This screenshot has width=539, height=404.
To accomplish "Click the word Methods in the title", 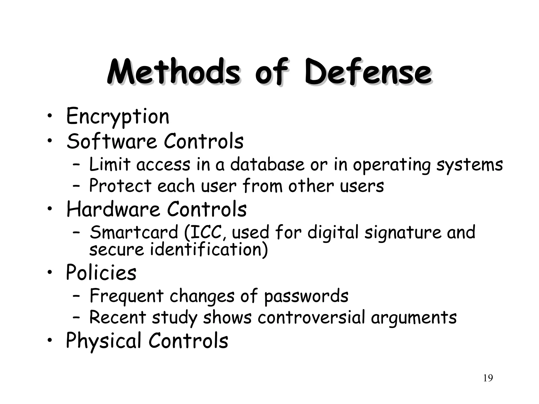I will pyautogui.click(x=173, y=72).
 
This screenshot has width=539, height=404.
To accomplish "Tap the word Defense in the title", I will pyautogui.click(x=368, y=72).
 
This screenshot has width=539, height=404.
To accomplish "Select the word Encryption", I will pyautogui.click(x=118, y=116).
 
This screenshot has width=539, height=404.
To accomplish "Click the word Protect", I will pyautogui.click(x=120, y=186).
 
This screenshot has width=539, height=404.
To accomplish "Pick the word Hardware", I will pyautogui.click(x=113, y=209).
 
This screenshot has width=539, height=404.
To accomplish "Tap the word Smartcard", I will pyautogui.click(x=134, y=233).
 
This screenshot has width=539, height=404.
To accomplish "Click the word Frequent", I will pyautogui.click(x=127, y=296).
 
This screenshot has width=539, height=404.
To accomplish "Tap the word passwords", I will pyautogui.click(x=306, y=296).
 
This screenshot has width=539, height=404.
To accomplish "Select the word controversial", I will pyautogui.click(x=311, y=317).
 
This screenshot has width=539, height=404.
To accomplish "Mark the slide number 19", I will pyautogui.click(x=488, y=378).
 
